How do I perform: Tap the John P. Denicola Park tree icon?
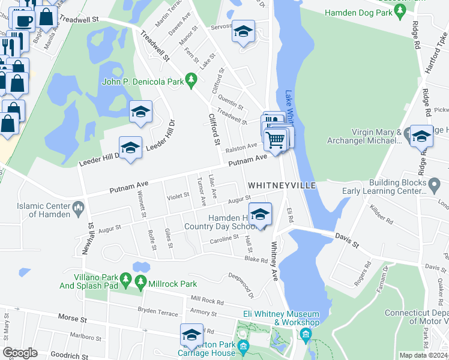coord(191,79)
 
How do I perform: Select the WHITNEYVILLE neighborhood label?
coord(282,185)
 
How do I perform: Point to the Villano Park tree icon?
coord(125,280)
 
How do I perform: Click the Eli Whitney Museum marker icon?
coord(306,334)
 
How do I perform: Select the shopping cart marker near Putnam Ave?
coord(275,140)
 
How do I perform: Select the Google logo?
coord(20,353)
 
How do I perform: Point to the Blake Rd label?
coord(255,260)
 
